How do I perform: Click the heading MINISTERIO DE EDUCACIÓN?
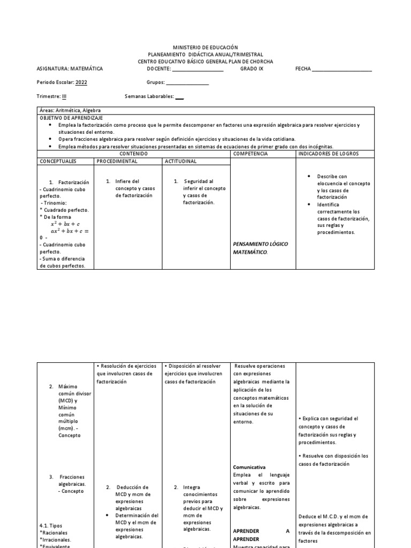pos(206,48)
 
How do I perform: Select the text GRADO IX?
pos(252,68)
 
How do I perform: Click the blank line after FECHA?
pos(341,70)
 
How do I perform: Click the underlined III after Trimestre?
pos(64,96)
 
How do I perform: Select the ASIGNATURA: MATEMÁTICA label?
pos(70,68)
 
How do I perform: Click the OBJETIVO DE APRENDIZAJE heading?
pos(72,117)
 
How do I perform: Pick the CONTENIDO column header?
pos(134,154)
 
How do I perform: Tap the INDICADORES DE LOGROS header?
pos(329,154)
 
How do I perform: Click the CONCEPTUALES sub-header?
pos(58,161)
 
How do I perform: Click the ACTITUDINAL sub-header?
pos(180,161)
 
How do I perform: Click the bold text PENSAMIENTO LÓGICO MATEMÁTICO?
pos(261,247)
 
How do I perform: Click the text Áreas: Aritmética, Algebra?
pos(70,110)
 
